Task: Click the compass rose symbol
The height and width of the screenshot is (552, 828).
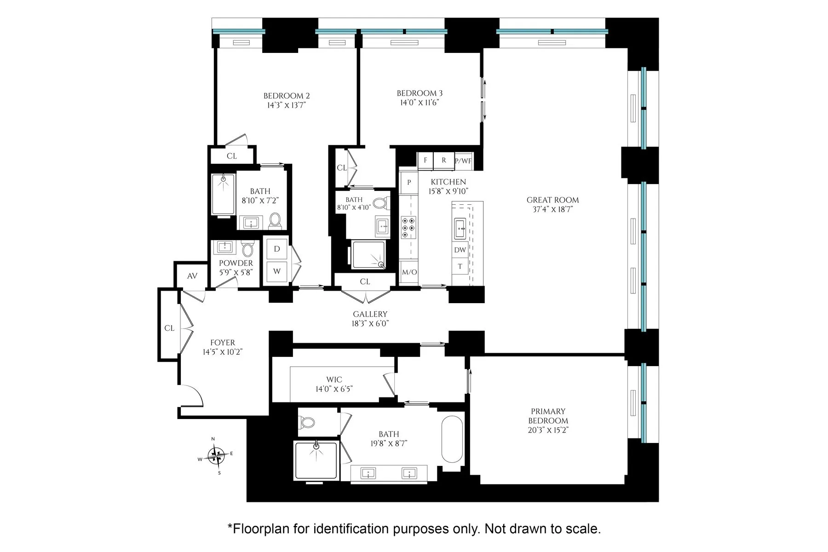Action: [216, 455]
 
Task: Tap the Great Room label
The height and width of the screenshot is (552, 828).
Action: [552, 200]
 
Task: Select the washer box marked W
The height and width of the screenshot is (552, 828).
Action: [277, 271]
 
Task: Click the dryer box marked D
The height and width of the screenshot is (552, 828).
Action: [277, 249]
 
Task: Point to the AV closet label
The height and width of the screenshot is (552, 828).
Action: [192, 276]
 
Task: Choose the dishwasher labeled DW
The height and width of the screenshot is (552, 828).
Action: [460, 250]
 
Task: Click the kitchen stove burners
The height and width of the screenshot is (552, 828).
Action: [408, 227]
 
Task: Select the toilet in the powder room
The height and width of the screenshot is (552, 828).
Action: [247, 250]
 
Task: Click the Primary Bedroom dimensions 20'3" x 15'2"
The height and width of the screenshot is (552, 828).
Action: [548, 430]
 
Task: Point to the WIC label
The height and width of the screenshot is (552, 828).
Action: [334, 379]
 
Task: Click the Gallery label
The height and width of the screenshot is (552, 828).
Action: [370, 314]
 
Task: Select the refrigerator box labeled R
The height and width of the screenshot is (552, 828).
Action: [443, 160]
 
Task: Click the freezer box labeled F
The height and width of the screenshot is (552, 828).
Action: [425, 160]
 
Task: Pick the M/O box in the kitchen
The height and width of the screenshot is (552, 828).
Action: [409, 272]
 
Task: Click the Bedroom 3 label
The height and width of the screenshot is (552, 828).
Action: [420, 93]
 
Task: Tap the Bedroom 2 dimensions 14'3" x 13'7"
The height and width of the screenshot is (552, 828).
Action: [286, 105]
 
